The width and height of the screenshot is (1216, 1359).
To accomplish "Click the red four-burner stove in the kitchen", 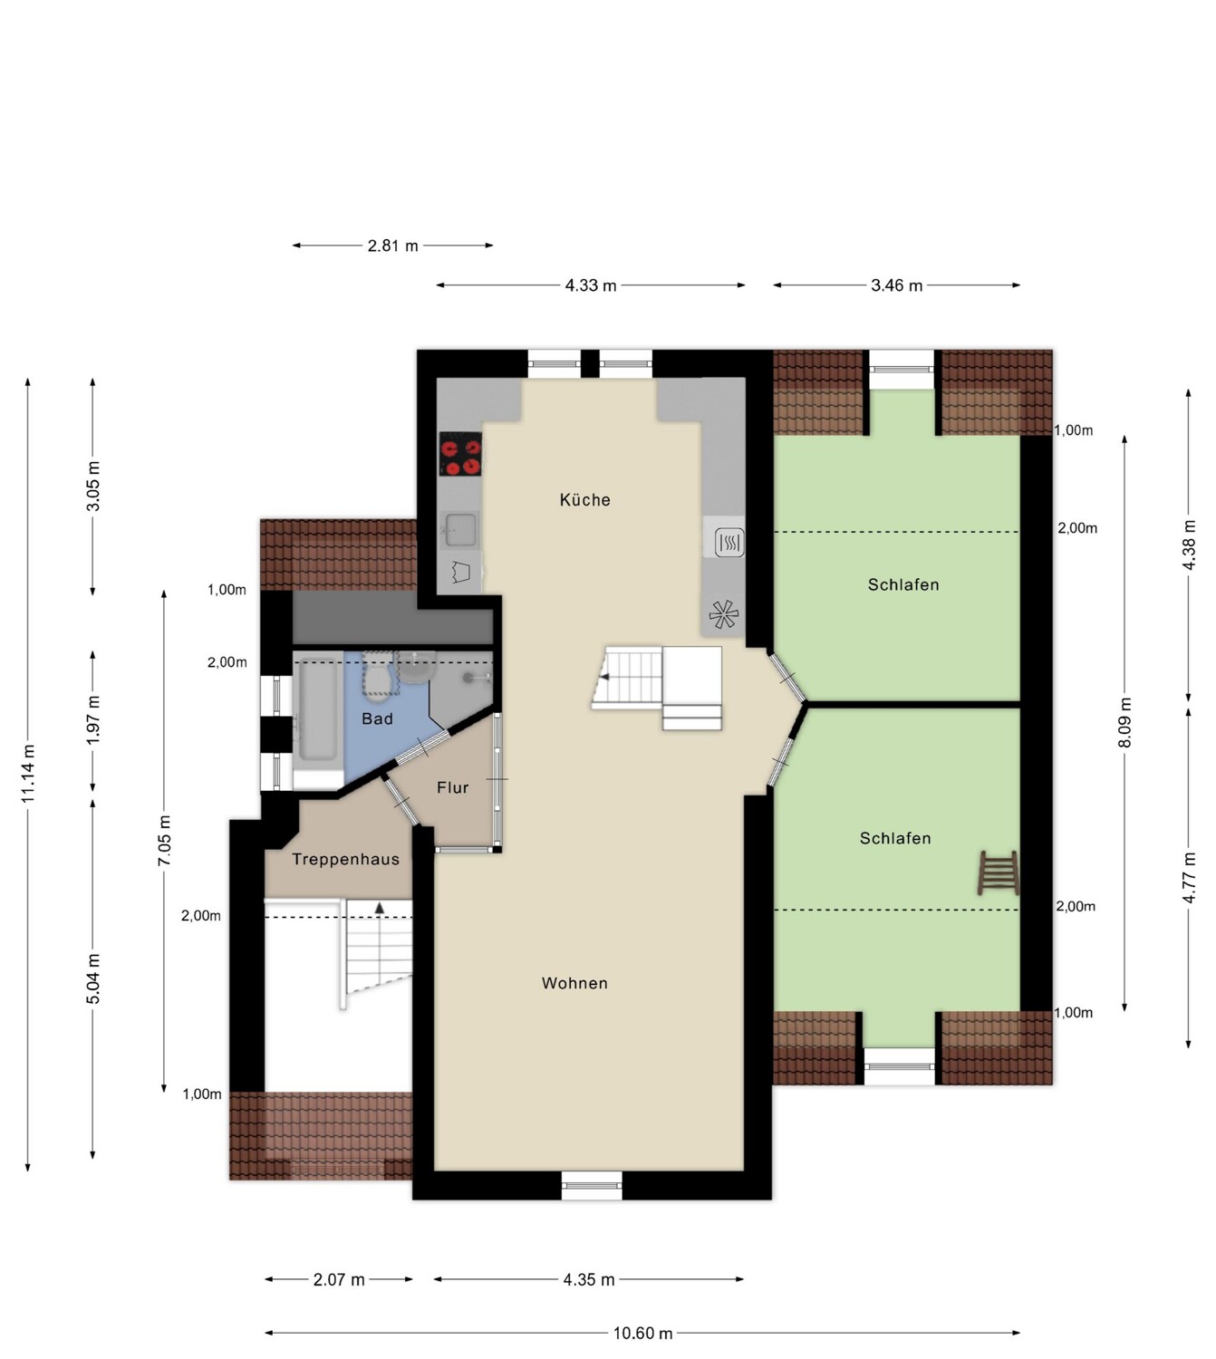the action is click(x=460, y=453).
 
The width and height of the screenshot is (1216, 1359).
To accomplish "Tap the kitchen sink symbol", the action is click(x=460, y=529).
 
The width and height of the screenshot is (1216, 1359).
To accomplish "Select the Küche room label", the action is click(x=585, y=499).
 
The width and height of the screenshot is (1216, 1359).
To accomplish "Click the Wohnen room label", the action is click(x=574, y=983).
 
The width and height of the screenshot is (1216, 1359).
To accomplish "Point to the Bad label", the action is click(x=377, y=718).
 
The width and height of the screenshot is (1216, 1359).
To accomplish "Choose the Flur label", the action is click(x=452, y=786).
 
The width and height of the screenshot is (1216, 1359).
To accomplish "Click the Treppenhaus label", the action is click(x=345, y=859).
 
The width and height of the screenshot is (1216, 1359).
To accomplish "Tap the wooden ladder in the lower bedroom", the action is click(x=999, y=872).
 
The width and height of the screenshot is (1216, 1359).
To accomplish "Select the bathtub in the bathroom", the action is click(x=317, y=709).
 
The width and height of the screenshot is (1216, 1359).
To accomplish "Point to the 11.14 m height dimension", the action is click(x=27, y=774).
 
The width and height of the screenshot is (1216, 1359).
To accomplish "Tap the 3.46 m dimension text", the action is click(x=896, y=285).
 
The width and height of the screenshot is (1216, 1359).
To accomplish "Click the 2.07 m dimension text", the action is click(x=339, y=1279).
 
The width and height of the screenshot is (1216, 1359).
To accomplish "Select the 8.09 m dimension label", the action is click(x=1124, y=722).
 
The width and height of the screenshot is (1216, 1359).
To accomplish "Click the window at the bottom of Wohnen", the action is click(x=591, y=1185).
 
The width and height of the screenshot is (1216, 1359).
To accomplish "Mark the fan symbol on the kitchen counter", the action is click(x=723, y=613).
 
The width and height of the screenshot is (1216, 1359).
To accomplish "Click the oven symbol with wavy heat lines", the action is click(x=729, y=542).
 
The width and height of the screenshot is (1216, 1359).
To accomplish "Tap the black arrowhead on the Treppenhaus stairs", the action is click(x=379, y=908).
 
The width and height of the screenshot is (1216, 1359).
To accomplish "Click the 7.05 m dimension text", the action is click(x=164, y=840).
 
